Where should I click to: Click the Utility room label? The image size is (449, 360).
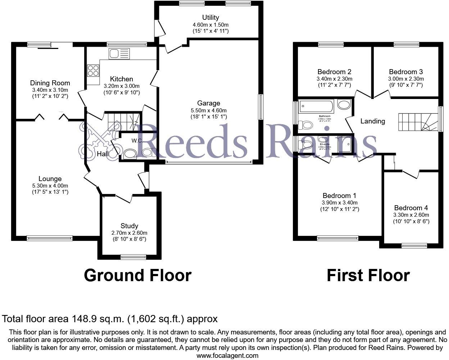[210, 17]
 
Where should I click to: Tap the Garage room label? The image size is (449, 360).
[208, 103]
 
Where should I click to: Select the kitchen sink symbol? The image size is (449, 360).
[119, 54]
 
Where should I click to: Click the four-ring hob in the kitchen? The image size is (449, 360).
[93, 70]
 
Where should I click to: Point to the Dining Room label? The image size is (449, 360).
[50, 83]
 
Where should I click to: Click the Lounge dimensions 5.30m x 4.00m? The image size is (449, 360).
[50, 186]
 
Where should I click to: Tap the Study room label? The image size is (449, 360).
[129, 226]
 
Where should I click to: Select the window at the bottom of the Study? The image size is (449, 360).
[133, 257]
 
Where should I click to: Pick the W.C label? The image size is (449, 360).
[136, 141]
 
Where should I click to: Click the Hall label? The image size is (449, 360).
[103, 154]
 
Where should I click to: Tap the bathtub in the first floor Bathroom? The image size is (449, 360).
[317, 106]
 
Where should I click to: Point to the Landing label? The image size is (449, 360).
[372, 121]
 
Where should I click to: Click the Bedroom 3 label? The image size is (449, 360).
[406, 72]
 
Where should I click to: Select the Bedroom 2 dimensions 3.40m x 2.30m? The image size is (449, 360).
[334, 79]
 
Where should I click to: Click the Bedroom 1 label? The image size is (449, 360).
[339, 195]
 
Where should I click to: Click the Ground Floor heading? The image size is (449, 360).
[137, 275]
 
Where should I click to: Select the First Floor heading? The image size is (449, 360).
[368, 275]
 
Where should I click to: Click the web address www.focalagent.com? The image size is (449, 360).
[227, 356]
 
